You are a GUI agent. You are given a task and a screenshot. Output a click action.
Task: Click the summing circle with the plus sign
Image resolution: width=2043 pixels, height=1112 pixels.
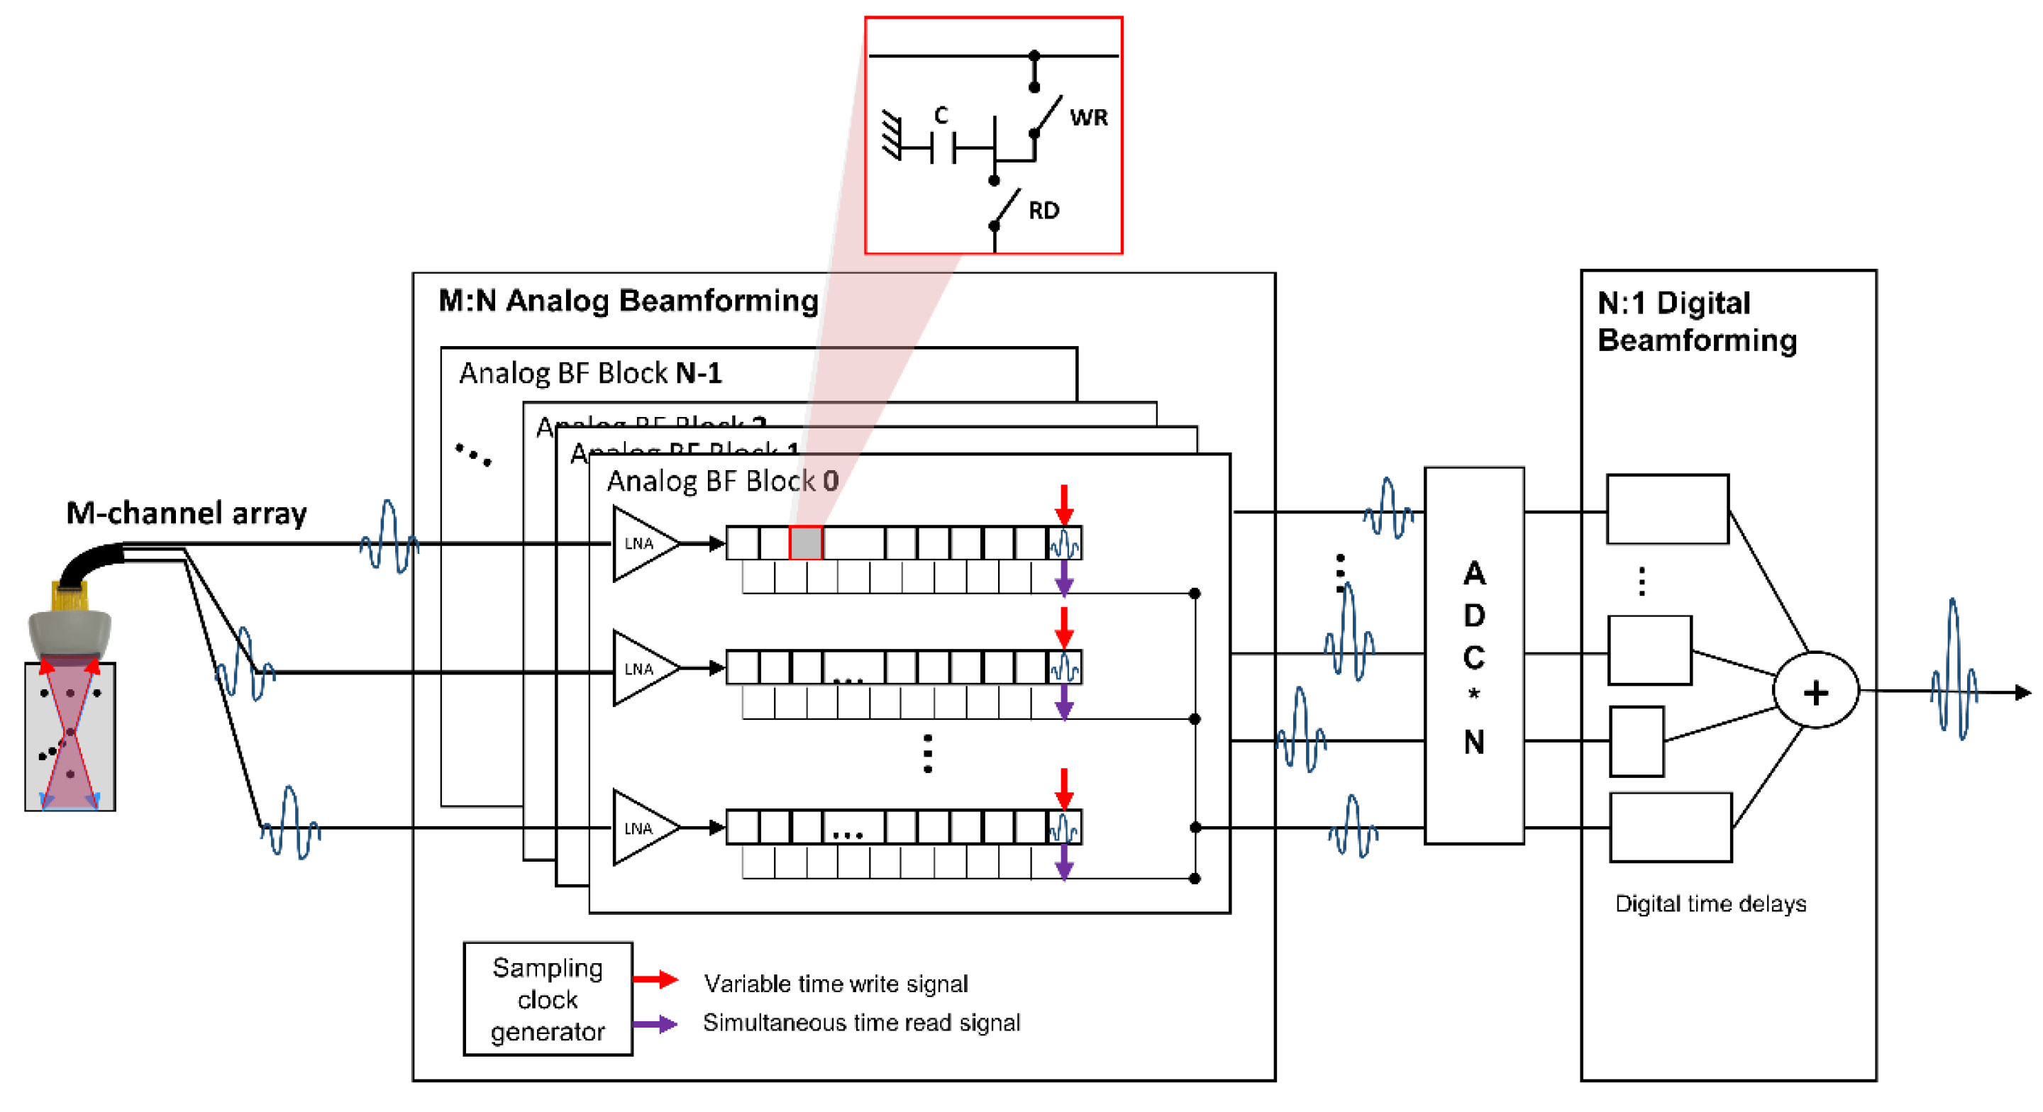point(1815,691)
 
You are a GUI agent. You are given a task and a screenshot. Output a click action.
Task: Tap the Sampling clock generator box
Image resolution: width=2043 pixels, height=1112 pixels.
point(547,999)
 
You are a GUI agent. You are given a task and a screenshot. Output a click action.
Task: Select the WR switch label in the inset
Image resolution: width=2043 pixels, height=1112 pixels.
point(1088,118)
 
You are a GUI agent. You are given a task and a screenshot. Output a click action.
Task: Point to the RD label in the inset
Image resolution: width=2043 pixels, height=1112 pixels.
point(1043,210)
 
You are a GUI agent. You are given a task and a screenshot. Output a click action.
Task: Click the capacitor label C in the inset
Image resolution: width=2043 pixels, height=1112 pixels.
point(941,115)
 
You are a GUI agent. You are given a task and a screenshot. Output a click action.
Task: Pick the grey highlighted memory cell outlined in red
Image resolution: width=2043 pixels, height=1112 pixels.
point(806,543)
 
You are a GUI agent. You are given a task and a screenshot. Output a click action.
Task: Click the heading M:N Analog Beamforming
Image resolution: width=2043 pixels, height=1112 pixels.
point(628,301)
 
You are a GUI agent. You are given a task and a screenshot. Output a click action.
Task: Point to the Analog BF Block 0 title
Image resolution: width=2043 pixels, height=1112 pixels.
point(721,481)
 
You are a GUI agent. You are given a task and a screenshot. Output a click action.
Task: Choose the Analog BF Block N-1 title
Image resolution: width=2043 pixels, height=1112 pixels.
point(590,373)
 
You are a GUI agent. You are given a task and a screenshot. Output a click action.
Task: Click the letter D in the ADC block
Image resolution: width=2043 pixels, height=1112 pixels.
point(1473,615)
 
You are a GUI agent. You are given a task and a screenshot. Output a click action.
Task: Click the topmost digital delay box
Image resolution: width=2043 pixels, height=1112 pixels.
point(1667,508)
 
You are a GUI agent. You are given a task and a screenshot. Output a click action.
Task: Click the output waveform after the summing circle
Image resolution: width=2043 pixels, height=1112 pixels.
point(1954,670)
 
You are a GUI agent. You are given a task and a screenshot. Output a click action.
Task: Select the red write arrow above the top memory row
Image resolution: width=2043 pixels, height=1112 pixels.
point(1063,504)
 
